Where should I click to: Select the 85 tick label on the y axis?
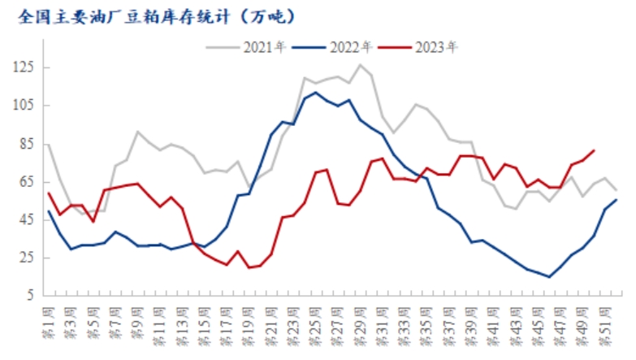29,143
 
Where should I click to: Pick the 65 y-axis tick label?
29,181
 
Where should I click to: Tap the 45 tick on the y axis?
29,219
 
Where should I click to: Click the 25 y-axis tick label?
29,258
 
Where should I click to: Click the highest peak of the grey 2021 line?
361,64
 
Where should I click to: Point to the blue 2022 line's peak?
316,93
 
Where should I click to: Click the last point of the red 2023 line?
595,150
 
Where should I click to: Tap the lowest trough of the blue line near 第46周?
550,277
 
